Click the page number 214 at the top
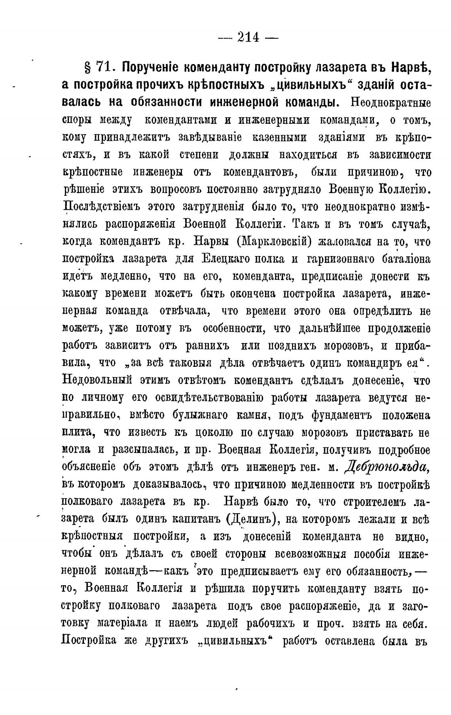click(248, 38)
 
